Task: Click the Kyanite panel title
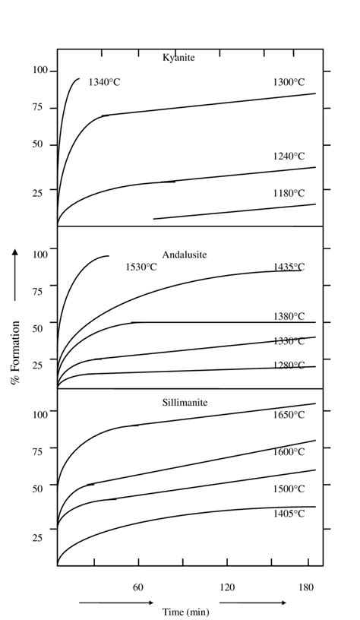pos(179,58)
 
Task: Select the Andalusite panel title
pos(185,255)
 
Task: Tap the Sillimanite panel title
pos(185,402)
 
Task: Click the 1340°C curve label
pos(104,82)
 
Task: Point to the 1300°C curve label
pos(289,82)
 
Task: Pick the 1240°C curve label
pos(289,157)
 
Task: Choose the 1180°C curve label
pos(289,194)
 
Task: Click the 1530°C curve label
pos(141,267)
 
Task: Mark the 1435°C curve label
pos(289,267)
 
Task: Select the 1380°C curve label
pos(289,316)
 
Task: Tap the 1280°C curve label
pos(289,365)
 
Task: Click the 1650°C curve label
pos(289,415)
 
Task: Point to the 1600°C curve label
pos(289,452)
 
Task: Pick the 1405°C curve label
pos(289,514)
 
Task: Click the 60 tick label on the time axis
pos(138,587)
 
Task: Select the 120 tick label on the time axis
pos(226,587)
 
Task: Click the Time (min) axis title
pos(185,611)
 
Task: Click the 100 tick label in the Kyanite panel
pos(39,71)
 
